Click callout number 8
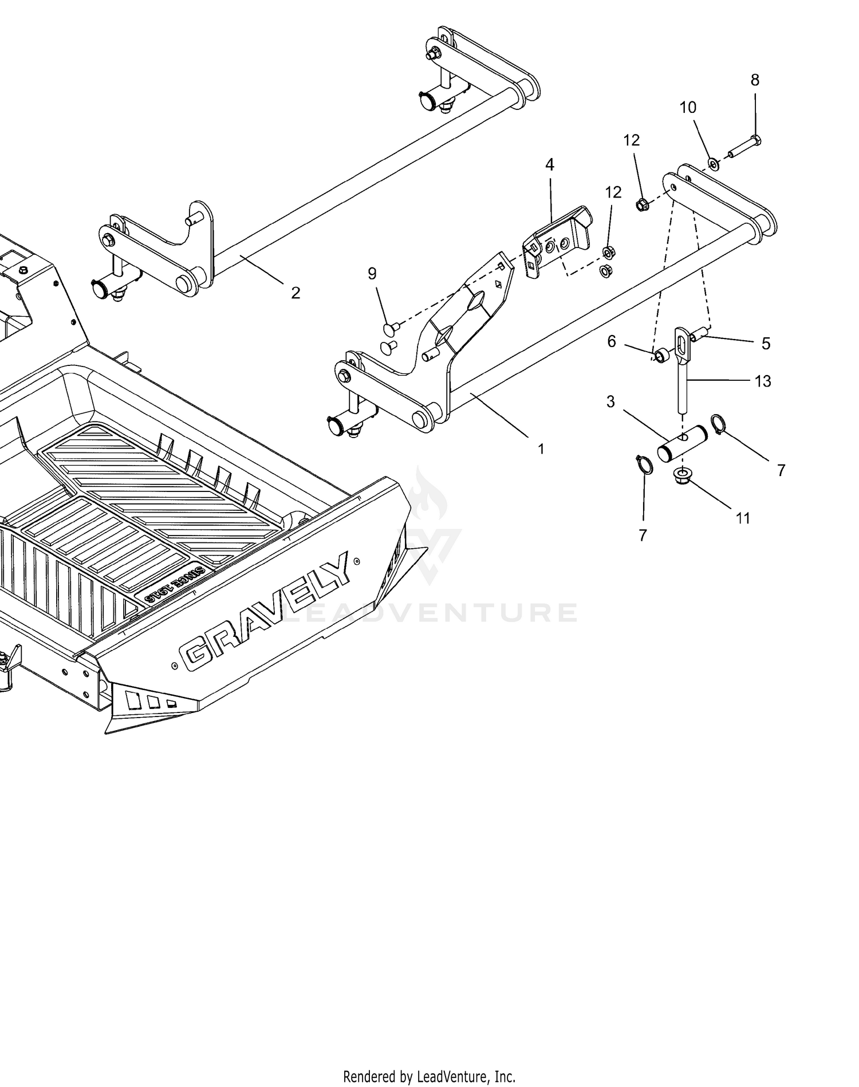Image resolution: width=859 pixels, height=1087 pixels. tap(755, 80)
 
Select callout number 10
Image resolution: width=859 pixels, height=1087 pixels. tap(688, 107)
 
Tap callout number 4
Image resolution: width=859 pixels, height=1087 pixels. tap(550, 165)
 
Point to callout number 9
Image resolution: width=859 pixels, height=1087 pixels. tap(372, 274)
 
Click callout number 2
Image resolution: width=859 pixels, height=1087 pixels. tap(295, 293)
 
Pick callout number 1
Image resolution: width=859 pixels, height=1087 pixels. tap(541, 450)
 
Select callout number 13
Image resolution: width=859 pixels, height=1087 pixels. tap(763, 381)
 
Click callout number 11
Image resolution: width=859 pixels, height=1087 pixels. tap(743, 518)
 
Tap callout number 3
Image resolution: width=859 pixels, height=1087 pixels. tap(610, 402)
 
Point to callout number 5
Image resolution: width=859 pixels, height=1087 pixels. tap(766, 344)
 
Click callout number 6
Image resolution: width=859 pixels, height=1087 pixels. tap(612, 342)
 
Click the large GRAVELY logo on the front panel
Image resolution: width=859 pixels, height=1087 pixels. tap(265, 612)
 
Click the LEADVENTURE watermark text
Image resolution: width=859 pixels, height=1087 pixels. tap(430, 612)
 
